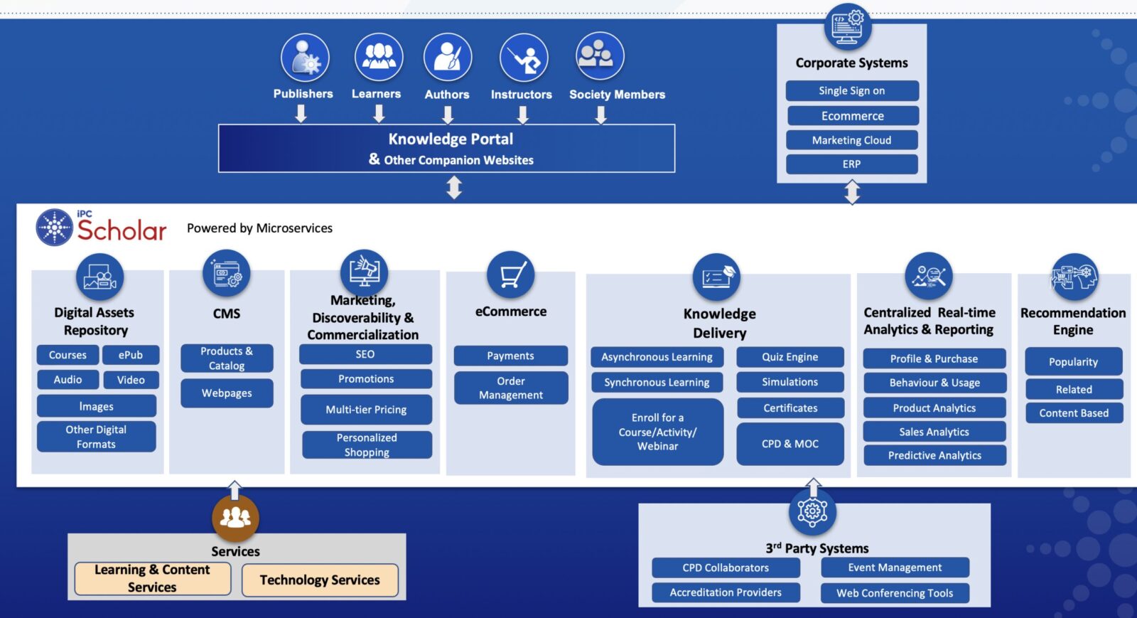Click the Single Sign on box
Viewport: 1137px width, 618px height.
click(x=851, y=90)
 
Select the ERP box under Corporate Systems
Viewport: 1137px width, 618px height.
click(x=851, y=164)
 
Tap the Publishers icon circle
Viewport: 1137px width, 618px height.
click(x=305, y=58)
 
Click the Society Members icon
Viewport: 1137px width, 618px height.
click(x=600, y=56)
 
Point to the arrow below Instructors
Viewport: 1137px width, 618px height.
click(x=523, y=114)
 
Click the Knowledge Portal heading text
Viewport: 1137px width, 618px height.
click(x=451, y=139)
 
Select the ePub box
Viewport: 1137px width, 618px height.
click(x=131, y=355)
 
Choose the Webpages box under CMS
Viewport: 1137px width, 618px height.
click(x=227, y=393)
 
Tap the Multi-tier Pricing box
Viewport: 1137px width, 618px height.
click(x=366, y=410)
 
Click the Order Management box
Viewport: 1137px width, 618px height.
click(x=510, y=388)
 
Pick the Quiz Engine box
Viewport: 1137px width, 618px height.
click(x=790, y=357)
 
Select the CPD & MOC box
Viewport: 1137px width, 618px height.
click(x=790, y=444)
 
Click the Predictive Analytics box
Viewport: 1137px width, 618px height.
click(x=934, y=455)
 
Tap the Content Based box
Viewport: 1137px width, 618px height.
click(x=1073, y=413)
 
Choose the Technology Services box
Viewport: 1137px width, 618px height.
click(x=320, y=580)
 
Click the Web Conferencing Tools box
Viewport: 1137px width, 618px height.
click(x=895, y=593)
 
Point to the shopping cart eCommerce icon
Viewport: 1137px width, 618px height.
click(x=510, y=275)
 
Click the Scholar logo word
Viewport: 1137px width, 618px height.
click(x=122, y=230)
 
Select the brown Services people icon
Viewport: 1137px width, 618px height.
click(x=235, y=517)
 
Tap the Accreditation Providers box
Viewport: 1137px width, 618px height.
click(x=726, y=592)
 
